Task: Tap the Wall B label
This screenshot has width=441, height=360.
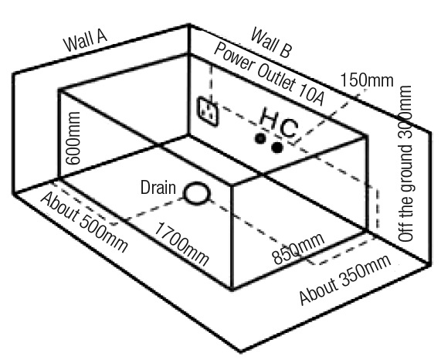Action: [x=270, y=42]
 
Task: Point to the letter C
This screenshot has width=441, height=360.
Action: [x=289, y=129]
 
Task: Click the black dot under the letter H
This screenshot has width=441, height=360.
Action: [x=260, y=138]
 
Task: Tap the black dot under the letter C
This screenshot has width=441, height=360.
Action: [x=277, y=147]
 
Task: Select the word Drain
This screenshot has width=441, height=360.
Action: [x=158, y=187]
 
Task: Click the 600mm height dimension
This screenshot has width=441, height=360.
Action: [x=73, y=138]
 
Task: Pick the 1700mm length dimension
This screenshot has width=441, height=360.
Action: [x=182, y=243]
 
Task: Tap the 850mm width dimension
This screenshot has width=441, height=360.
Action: [x=299, y=249]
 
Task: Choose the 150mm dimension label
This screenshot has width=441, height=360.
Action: [x=367, y=80]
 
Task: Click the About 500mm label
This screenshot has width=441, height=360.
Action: [x=84, y=222]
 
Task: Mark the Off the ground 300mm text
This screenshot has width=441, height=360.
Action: [x=405, y=164]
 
